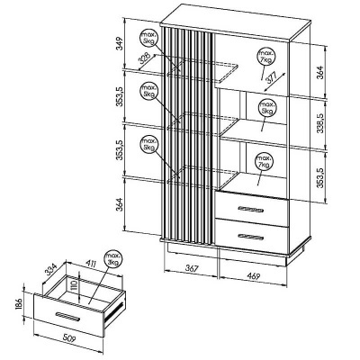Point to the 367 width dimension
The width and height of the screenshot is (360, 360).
click(185, 269)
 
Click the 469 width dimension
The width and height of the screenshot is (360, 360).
click(256, 269)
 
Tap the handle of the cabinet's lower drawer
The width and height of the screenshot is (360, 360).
click(252, 235)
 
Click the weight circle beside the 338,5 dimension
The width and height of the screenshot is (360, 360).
click(266, 110)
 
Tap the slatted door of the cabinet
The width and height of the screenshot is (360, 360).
click(187, 135)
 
